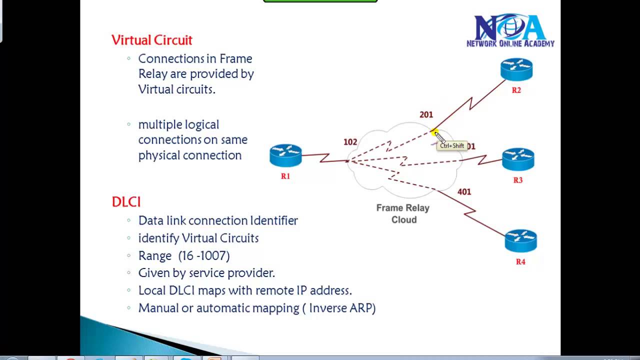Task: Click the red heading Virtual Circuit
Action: (x=151, y=40)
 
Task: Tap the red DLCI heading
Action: (x=126, y=201)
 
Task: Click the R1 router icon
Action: (x=285, y=155)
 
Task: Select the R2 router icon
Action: (x=516, y=69)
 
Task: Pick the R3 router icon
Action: (x=518, y=159)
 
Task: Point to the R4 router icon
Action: (x=520, y=240)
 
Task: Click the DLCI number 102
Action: (x=350, y=142)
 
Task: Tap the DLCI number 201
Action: (x=426, y=114)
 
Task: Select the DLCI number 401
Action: (x=464, y=191)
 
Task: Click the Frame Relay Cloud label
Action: (x=403, y=213)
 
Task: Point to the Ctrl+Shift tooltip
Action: (x=452, y=146)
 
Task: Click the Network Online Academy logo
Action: (x=510, y=31)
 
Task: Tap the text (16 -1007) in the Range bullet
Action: (x=204, y=255)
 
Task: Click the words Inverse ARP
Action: (x=342, y=308)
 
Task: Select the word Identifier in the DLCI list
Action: (x=273, y=220)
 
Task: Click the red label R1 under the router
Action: (x=285, y=176)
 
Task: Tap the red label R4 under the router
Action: (x=520, y=261)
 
